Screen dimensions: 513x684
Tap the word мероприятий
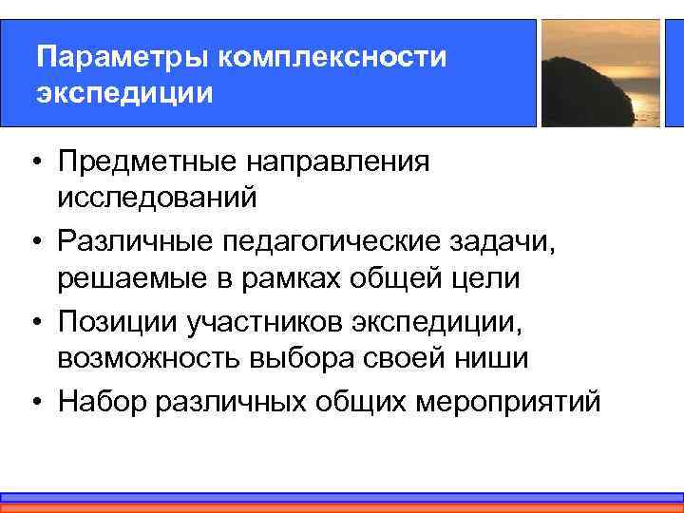pyautogui.click(x=508, y=400)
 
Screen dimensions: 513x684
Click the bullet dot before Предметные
pyautogui.click(x=33, y=161)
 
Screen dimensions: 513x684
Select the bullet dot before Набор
pyautogui.click(x=33, y=400)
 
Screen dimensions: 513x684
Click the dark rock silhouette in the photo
pyautogui.click(x=589, y=90)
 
